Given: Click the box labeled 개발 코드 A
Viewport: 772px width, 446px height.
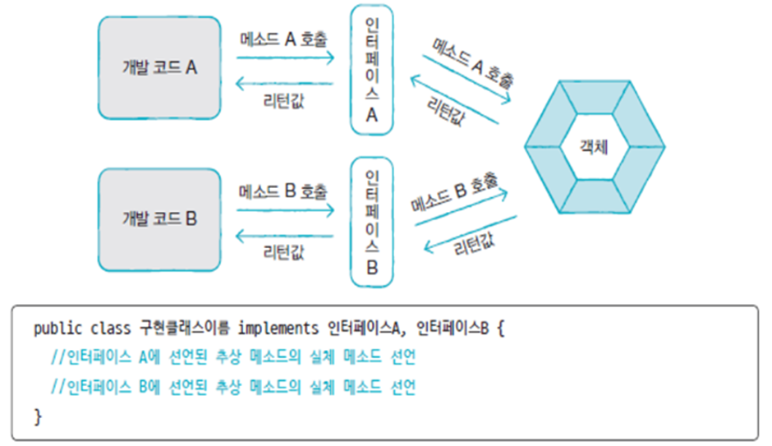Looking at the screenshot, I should (x=159, y=68).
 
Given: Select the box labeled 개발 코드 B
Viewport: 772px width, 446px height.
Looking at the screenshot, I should (x=159, y=219).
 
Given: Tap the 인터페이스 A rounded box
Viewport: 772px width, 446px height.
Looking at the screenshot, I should (x=371, y=70).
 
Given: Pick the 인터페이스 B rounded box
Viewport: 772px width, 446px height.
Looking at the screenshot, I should (x=371, y=223).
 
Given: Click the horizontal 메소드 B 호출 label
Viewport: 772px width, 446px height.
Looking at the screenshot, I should (x=284, y=191).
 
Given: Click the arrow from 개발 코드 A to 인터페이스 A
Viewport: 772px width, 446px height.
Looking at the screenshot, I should (x=284, y=57).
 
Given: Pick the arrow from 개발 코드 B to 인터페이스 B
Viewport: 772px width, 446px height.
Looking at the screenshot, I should (x=284, y=209).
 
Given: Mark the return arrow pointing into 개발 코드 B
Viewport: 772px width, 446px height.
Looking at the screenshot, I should (x=284, y=237).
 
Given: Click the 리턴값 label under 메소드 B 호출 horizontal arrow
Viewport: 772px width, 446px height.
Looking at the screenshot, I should (x=284, y=254).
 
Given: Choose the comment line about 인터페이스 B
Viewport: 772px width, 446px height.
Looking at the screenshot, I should (x=233, y=387).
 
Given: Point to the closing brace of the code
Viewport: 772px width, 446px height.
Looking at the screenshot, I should (x=38, y=416).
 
